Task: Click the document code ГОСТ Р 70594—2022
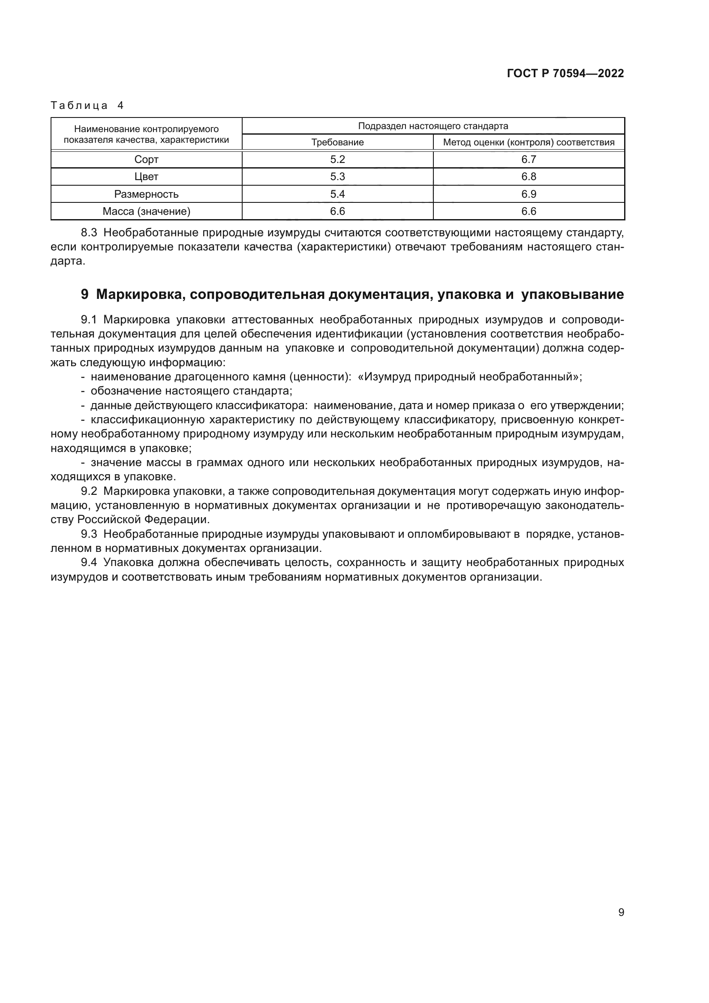click(565, 73)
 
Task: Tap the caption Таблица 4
click(87, 105)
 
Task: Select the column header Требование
click(337, 142)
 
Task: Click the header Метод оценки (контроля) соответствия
click(528, 142)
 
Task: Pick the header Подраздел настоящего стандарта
click(433, 126)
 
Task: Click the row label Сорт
click(146, 160)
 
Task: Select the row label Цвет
click(146, 177)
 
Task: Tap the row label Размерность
click(146, 194)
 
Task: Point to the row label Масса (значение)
click(146, 211)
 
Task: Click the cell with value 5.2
click(337, 160)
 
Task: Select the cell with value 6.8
click(528, 177)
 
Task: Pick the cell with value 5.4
click(337, 194)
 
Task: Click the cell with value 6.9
click(528, 194)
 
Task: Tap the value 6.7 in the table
click(528, 160)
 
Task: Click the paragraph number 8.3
click(89, 233)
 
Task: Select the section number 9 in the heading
click(85, 295)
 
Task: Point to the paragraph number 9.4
click(89, 563)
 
